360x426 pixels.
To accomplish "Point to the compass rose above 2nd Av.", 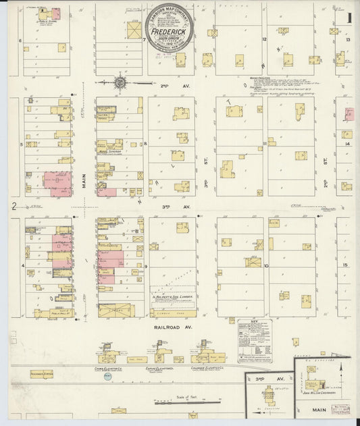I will pyautogui.click(x=120, y=82).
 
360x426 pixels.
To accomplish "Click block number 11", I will pyautogui.click(x=266, y=143).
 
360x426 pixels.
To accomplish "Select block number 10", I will pyautogui.click(x=266, y=265).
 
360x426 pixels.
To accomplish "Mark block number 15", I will pyautogui.click(x=346, y=265).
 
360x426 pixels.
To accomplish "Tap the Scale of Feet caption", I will pyautogui.click(x=180, y=396).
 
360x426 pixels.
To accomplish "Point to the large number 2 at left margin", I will pyautogui.click(x=13, y=205).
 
